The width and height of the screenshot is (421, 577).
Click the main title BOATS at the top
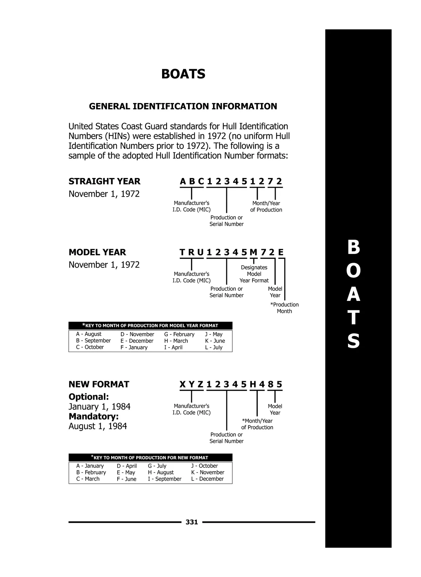tap(183, 74)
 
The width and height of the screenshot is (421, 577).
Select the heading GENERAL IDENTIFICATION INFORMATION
tap(183, 106)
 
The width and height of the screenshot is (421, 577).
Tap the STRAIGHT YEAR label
tap(104, 181)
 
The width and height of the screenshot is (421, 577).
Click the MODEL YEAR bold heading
tap(97, 252)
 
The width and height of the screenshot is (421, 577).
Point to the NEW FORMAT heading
tap(99, 384)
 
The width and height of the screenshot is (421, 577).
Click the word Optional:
tap(89, 397)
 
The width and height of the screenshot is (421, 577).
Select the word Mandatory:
tap(94, 417)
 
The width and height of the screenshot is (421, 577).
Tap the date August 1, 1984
tap(98, 426)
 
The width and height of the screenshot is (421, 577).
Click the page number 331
tap(192, 522)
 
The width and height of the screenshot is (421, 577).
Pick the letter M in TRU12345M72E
tap(253, 252)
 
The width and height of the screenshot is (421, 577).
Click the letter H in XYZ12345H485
tap(253, 384)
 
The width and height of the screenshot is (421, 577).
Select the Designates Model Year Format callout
tap(254, 274)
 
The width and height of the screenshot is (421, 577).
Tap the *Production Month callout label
tap(284, 308)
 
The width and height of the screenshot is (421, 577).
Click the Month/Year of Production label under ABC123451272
tap(266, 206)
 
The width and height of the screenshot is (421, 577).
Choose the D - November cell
tap(137, 334)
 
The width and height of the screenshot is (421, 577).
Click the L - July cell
tap(214, 348)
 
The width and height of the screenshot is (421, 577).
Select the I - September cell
tap(165, 479)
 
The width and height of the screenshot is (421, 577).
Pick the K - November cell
tap(208, 472)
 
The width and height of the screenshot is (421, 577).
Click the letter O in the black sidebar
tap(353, 271)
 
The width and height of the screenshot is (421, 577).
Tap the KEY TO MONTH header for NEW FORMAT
tap(150, 458)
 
